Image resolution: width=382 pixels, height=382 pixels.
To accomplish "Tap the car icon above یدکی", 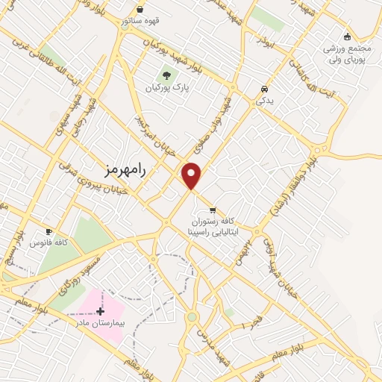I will [x=264, y=88].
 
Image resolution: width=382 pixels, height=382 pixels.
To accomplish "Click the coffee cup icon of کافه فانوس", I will [x=49, y=231].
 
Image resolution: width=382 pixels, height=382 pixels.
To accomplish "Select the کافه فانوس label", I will [x=49, y=243].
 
